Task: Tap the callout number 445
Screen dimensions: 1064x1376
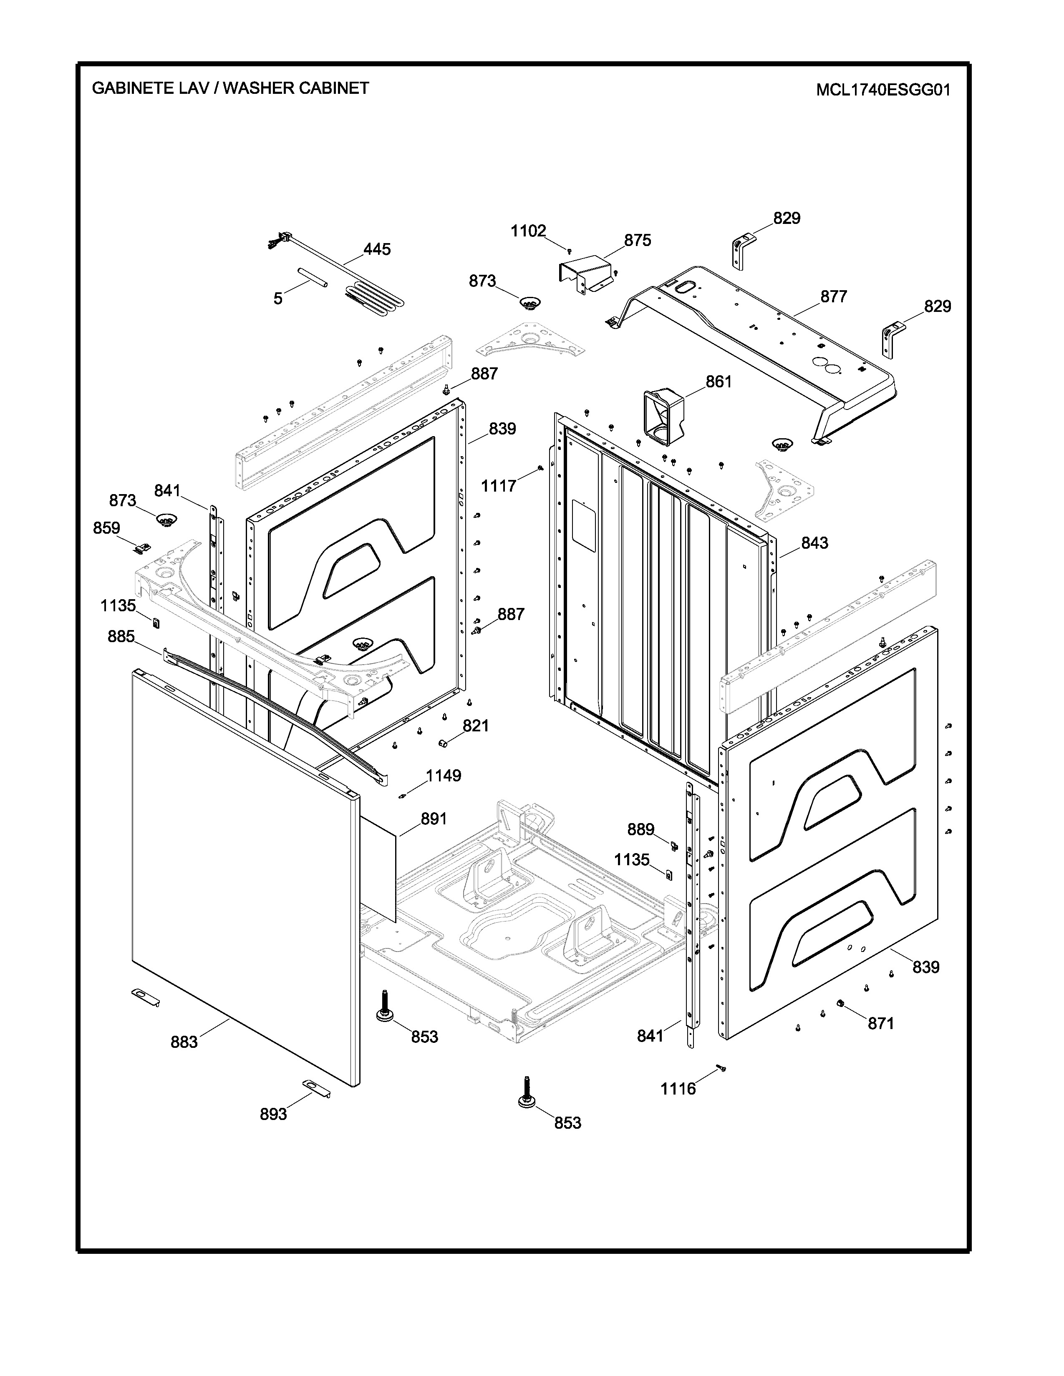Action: coord(377,249)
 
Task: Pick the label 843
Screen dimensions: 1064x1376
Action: coord(814,542)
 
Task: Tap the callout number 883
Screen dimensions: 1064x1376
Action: coord(184,1042)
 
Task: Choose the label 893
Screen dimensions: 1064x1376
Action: coord(274,1114)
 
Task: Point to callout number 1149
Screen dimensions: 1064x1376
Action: coord(444,776)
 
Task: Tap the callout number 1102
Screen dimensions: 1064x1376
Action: coord(528,231)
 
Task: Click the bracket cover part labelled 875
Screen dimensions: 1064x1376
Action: coord(586,274)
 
